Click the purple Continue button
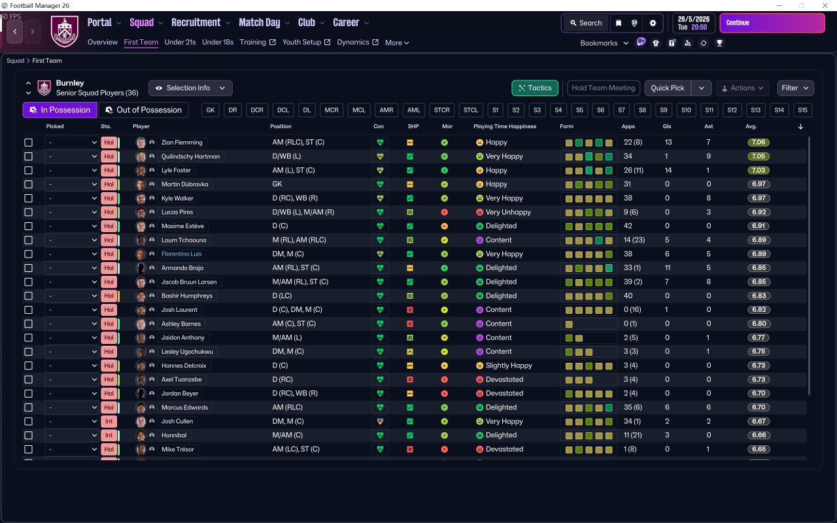point(772,23)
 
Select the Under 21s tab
point(180,42)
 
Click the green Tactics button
point(534,88)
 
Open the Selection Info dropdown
point(190,88)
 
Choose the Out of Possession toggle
point(143,110)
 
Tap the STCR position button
point(442,110)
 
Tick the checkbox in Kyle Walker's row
point(28,198)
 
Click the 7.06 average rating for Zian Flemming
point(759,143)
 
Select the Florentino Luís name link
point(181,254)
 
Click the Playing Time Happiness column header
point(505,126)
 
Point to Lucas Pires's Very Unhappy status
point(507,212)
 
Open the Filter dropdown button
point(795,88)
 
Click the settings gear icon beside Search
point(653,23)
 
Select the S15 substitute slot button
point(802,110)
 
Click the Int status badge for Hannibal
point(109,435)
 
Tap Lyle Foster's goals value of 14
point(668,171)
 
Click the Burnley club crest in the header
point(64,31)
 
